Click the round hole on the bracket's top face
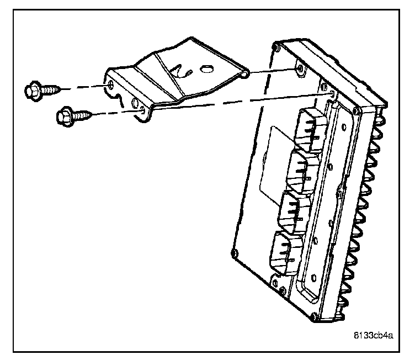point(206,69)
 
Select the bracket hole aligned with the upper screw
point(112,84)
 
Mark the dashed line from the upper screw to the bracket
point(83,87)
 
